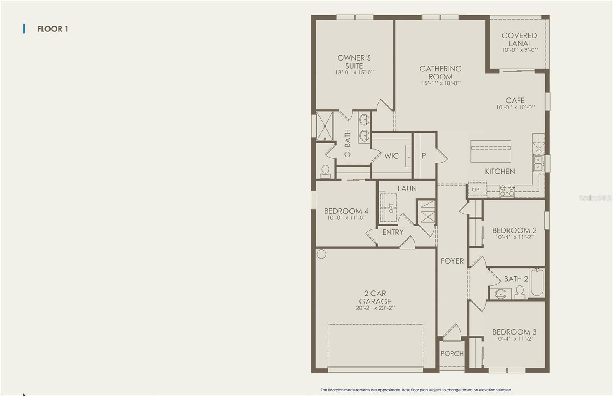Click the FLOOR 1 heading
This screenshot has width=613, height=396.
click(52, 29)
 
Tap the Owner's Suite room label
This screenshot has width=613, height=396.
click(354, 62)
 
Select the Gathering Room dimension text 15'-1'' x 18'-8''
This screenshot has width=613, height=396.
click(441, 83)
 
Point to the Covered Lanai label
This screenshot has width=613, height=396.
click(519, 39)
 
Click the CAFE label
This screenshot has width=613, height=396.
click(515, 100)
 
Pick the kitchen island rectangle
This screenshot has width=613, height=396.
click(491, 152)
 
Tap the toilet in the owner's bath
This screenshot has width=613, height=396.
click(325, 172)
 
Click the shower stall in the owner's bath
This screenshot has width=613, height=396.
click(325, 126)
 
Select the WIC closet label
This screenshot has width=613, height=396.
click(391, 156)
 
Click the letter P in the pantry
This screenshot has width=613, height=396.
click(424, 156)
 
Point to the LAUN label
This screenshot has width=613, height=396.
click(407, 188)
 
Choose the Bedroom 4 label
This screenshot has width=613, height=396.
click(346, 211)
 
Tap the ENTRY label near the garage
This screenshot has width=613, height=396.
click(393, 233)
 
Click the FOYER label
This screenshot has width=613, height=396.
click(452, 261)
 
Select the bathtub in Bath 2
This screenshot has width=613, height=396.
click(537, 282)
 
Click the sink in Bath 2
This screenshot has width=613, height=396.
click(500, 294)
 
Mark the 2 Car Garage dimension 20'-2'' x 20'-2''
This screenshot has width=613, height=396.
click(375, 308)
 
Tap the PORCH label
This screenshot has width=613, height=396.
click(452, 354)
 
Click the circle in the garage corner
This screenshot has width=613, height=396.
click(321, 254)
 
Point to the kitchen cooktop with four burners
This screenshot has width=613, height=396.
click(507, 191)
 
